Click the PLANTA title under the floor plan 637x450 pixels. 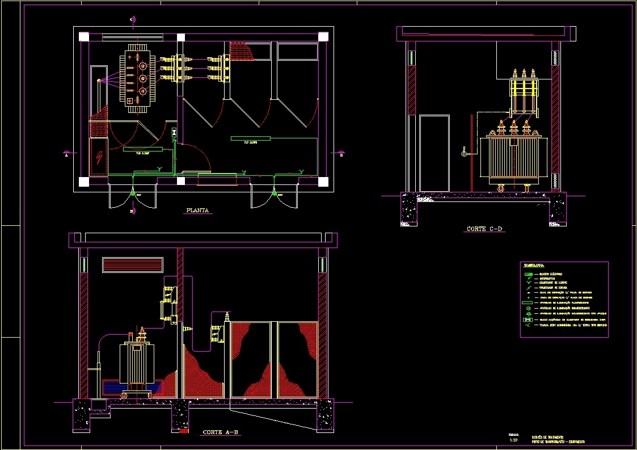pyautogui.click(x=197, y=211)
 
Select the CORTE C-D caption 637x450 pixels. pyautogui.click(x=484, y=229)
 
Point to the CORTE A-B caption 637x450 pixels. pyautogui.click(x=221, y=432)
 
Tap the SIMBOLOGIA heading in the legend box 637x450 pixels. pyautogui.click(x=534, y=265)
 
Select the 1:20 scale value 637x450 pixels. pyautogui.click(x=514, y=440)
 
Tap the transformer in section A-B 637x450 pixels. pyautogui.click(x=136, y=363)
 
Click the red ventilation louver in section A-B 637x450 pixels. pyautogui.click(x=132, y=264)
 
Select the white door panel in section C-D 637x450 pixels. pyautogui.click(x=434, y=153)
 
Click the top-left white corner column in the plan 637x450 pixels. pyautogui.click(x=84, y=37)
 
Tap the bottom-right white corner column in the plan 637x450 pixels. pyautogui.click(x=323, y=182)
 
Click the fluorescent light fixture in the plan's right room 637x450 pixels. pyautogui.click(x=251, y=138)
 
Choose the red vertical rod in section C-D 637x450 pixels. pyautogui.click(x=471, y=153)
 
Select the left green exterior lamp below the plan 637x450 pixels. pyautogui.click(x=134, y=195)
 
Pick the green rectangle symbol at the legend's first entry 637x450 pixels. pyautogui.click(x=528, y=275)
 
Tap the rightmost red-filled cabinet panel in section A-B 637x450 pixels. pyautogui.click(x=297, y=360)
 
